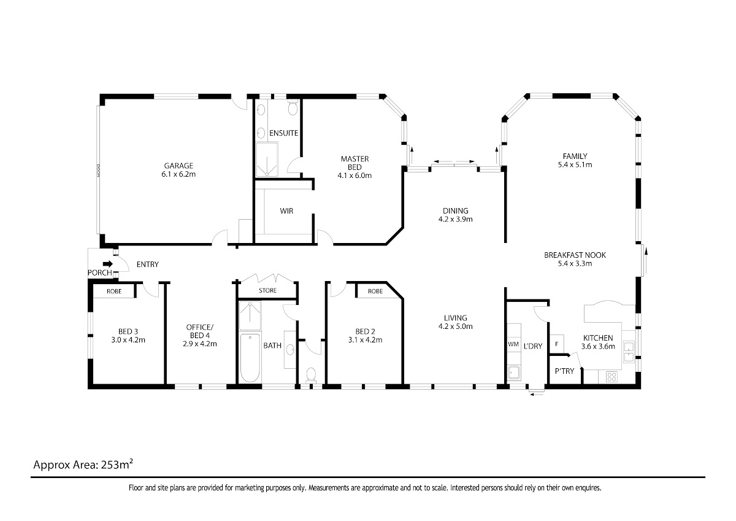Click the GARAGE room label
[178, 166]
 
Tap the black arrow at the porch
[108, 264]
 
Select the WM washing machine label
[513, 344]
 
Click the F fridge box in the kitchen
[557, 344]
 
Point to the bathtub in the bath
[250, 358]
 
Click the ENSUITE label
[283, 133]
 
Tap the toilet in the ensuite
[293, 107]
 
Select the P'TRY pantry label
[564, 371]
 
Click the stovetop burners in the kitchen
[611, 377]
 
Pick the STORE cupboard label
[267, 291]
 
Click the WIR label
[286, 210]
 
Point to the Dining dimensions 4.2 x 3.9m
[455, 219]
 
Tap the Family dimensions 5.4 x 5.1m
[575, 164]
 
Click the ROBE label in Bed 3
[114, 291]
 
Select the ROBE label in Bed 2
[375, 291]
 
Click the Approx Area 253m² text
[83, 465]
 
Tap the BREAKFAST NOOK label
[575, 255]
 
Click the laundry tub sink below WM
[513, 372]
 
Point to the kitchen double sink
[629, 352]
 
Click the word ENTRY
[148, 264]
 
